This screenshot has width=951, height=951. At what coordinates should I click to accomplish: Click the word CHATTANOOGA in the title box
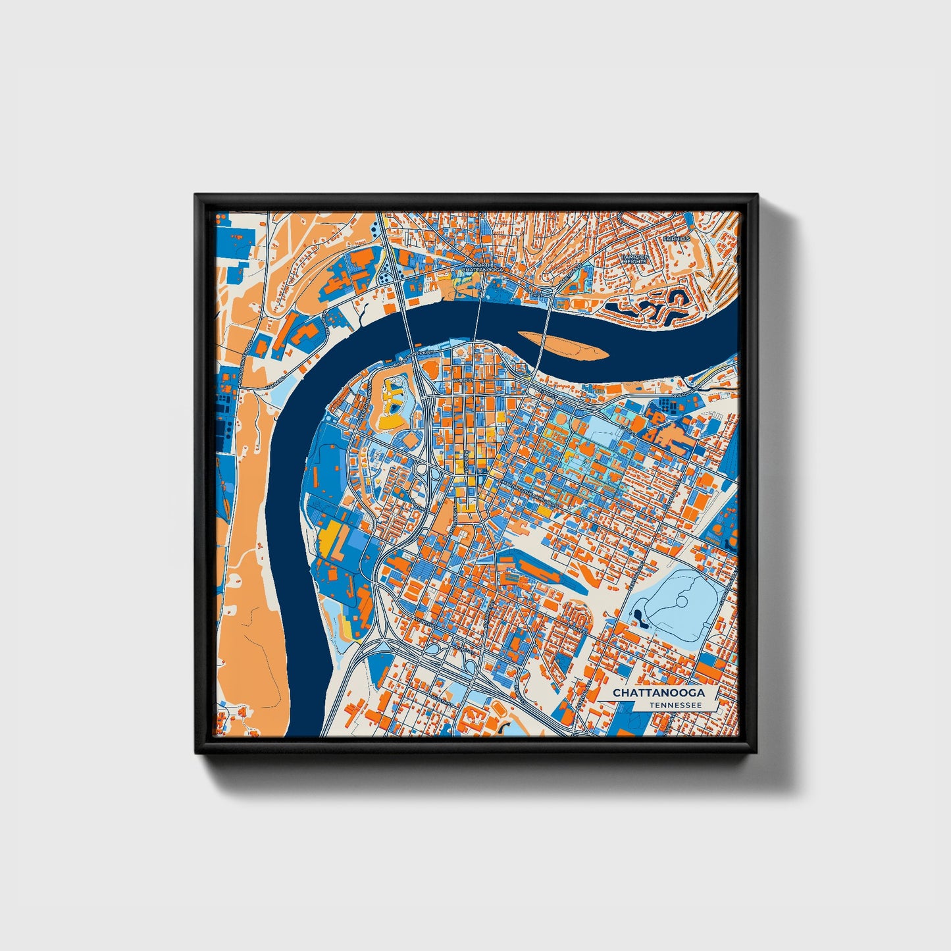(659, 693)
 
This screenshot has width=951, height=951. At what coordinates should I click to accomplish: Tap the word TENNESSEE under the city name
(675, 705)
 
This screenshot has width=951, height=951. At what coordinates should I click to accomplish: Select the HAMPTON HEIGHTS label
(635, 259)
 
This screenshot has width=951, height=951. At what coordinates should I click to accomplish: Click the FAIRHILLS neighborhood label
(676, 238)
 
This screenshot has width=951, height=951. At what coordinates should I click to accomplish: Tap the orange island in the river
(563, 346)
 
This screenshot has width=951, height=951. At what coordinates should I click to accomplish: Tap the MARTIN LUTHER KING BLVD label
(527, 487)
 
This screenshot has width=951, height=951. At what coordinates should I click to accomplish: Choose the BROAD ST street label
(465, 461)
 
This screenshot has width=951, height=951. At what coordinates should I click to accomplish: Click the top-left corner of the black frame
(195, 195)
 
